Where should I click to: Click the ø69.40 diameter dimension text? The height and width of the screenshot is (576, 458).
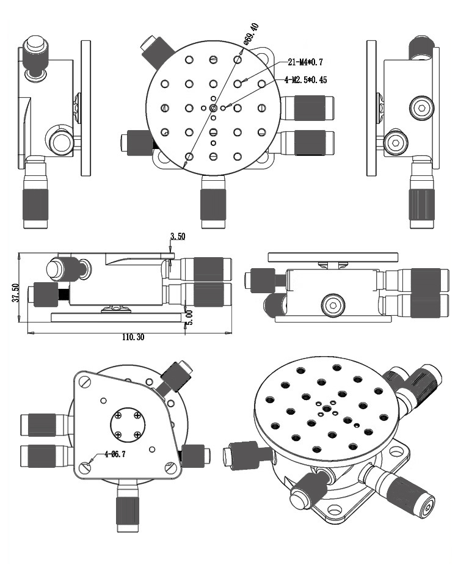click(252, 34)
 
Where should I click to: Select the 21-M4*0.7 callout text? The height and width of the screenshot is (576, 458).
click(305, 62)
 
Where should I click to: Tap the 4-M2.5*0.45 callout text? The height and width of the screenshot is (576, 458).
click(305, 80)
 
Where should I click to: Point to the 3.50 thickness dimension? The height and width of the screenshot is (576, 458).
click(177, 236)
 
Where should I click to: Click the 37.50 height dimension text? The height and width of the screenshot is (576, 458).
click(15, 293)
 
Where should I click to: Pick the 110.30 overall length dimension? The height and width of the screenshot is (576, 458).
click(133, 337)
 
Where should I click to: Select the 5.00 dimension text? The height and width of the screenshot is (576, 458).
click(189, 318)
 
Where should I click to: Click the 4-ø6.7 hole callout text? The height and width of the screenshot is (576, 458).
click(115, 454)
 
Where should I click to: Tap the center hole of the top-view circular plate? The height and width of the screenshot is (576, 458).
click(213, 108)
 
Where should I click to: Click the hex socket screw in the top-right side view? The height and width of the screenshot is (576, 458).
click(422, 108)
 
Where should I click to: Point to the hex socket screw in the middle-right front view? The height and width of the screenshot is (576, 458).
click(334, 305)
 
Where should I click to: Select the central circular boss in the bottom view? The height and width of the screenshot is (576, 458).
click(128, 425)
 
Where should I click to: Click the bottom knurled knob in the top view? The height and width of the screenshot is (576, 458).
click(213, 202)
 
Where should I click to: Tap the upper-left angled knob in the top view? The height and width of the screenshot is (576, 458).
click(156, 51)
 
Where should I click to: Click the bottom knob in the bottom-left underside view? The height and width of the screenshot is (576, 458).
click(128, 512)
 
